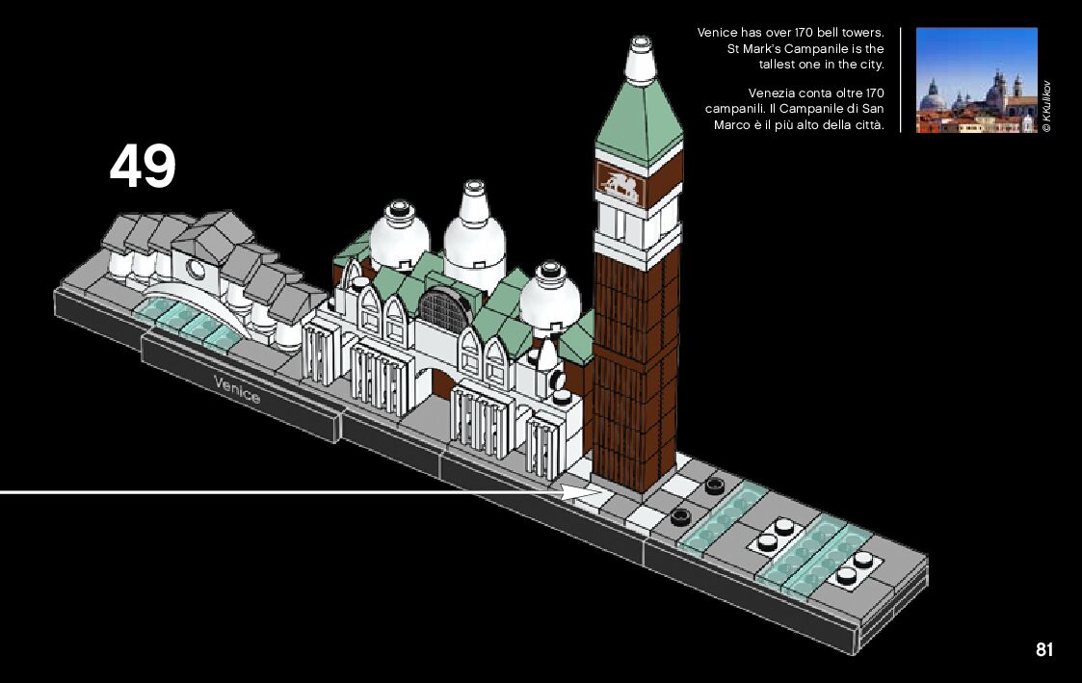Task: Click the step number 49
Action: [x=143, y=166]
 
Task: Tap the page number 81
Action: [x=1044, y=650]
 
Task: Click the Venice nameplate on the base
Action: [x=237, y=390]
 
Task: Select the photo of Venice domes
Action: [x=976, y=80]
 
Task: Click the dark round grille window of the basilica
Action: [x=443, y=309]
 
